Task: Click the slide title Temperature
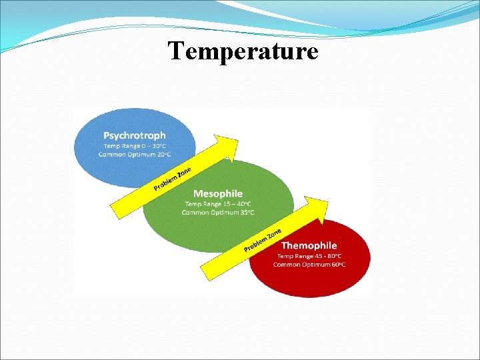pos(243,51)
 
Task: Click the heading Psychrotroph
pos(135,135)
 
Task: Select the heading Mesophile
pos(218,194)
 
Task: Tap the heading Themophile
pos(309,246)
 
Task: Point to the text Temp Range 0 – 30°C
pos(135,146)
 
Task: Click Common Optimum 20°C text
pos(135,155)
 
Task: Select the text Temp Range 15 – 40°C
pos(218,204)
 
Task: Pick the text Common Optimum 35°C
pos(218,213)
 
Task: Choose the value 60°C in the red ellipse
pos(337,265)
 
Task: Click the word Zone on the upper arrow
pos(184,173)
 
